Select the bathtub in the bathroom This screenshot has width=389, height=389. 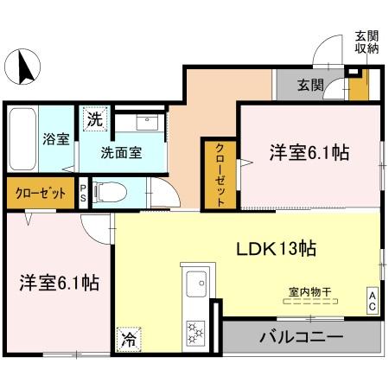point(23,139)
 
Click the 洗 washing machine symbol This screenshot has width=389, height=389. point(93,120)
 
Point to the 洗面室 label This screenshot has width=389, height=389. point(121,154)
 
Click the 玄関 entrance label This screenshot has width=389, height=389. point(311,85)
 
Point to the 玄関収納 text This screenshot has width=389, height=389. point(366,42)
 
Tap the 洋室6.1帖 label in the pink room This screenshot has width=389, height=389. point(309,153)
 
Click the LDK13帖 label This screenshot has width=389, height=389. point(277,249)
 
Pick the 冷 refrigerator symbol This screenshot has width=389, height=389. point(128,340)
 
